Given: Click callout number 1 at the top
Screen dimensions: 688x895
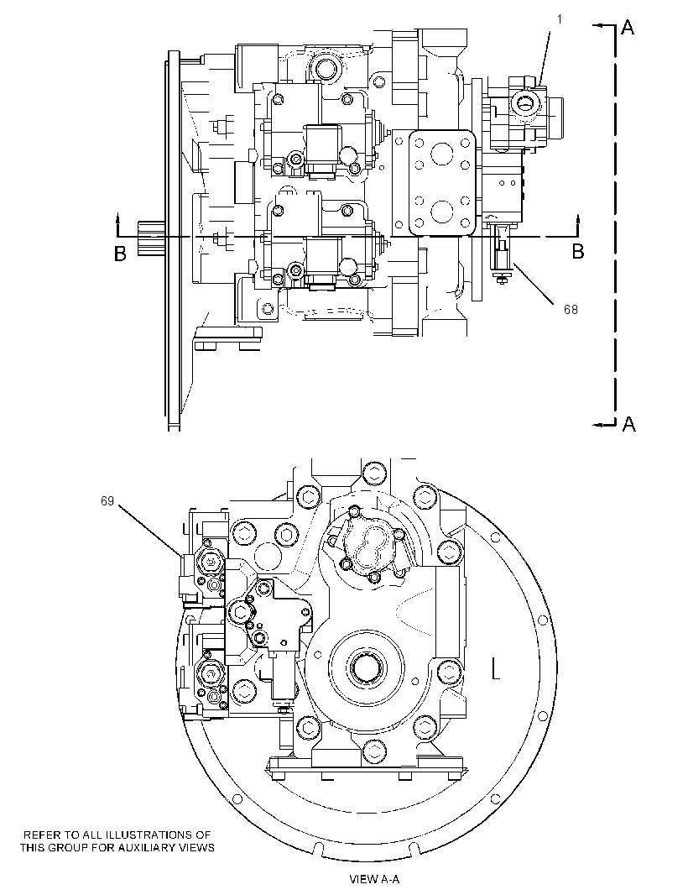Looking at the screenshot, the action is pos(560,19).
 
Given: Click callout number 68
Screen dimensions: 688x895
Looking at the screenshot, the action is pos(571,309).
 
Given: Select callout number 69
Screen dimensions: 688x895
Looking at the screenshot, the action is pos(107,501).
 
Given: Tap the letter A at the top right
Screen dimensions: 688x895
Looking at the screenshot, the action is pos(627,27).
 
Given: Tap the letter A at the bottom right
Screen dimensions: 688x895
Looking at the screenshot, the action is pos(628,424).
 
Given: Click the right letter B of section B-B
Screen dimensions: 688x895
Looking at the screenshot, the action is pos(578,252).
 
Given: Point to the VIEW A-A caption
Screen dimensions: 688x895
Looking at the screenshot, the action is pos(374,879).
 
